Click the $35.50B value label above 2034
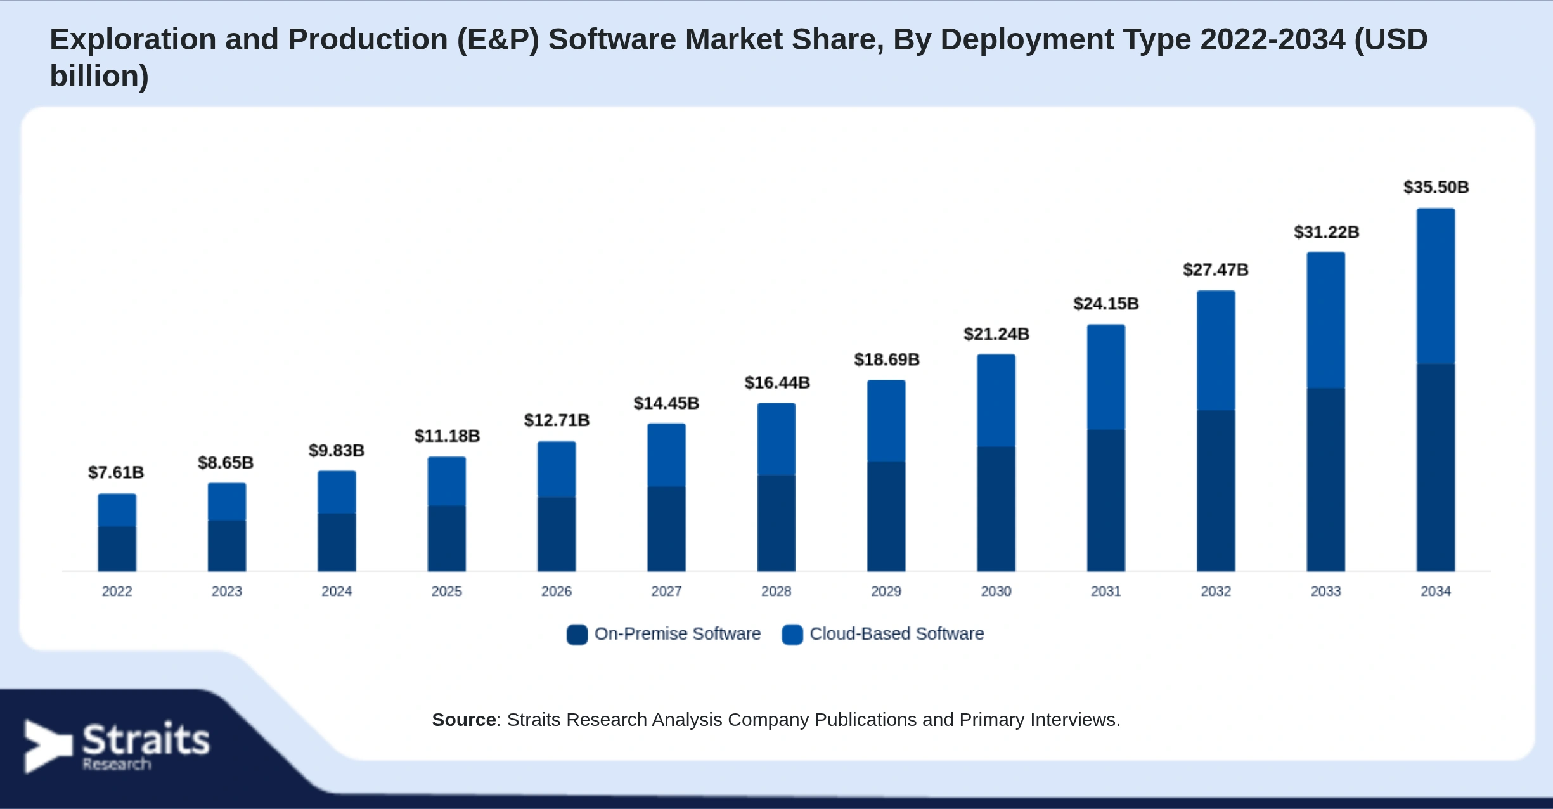tap(1436, 187)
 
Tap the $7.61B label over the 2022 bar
tap(116, 472)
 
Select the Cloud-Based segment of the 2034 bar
tap(1436, 286)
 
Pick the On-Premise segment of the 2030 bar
tap(996, 509)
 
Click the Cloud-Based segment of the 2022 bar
tap(117, 510)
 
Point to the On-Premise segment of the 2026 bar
tap(557, 534)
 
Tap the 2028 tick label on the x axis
tap(776, 592)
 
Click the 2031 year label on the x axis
tap(1105, 592)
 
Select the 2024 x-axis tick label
tap(337, 592)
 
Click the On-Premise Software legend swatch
tap(577, 634)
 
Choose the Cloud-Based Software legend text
tap(897, 633)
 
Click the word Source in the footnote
tap(464, 720)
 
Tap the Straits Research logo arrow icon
tap(48, 746)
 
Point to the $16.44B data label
tap(777, 382)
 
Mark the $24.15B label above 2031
tap(1106, 304)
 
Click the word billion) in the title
tap(100, 76)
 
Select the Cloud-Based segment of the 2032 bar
tap(1216, 351)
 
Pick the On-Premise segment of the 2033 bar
tap(1325, 480)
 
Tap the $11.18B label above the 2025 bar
tap(448, 436)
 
